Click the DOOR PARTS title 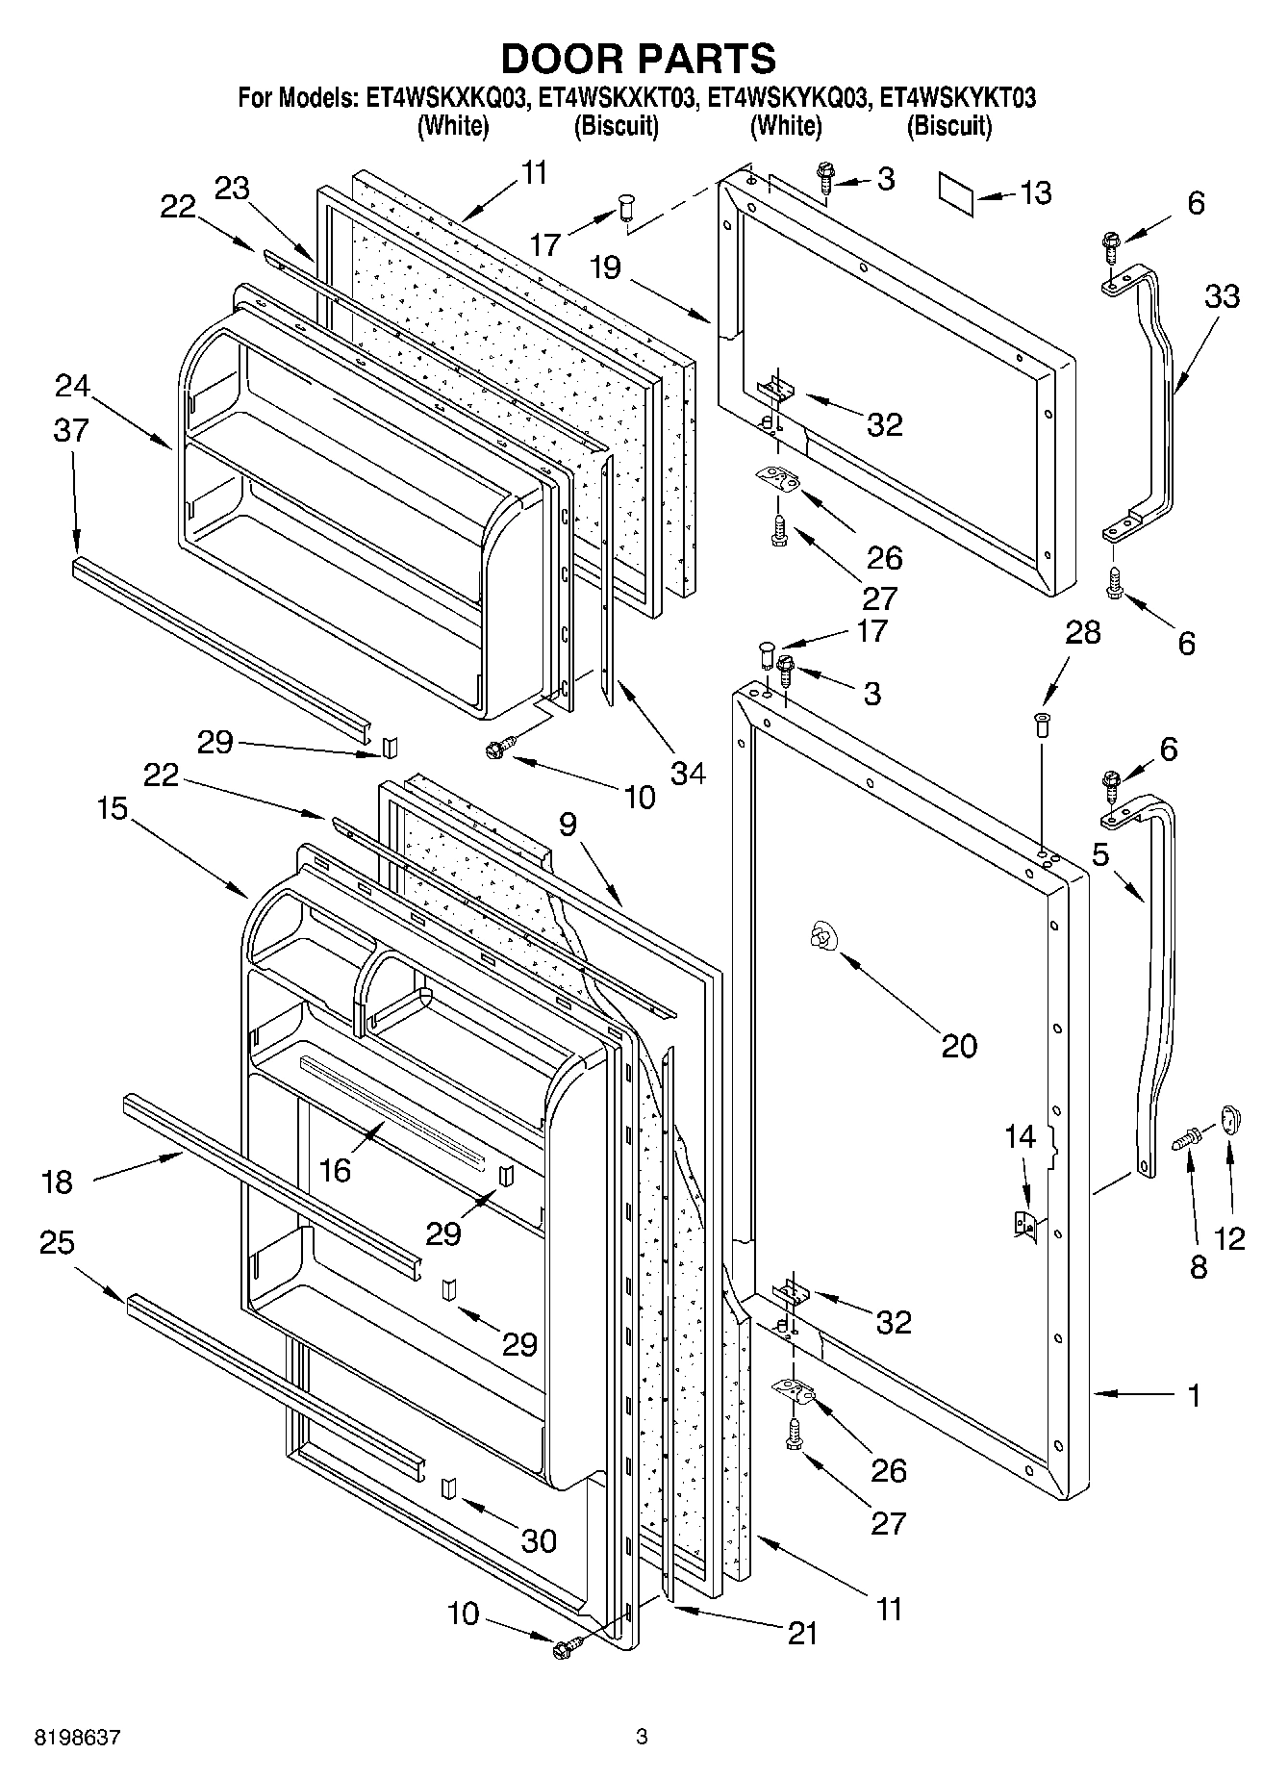(x=639, y=59)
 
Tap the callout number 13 (x=1035, y=192)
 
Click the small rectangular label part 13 (x=956, y=193)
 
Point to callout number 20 (x=958, y=1045)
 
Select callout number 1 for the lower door (x=1194, y=1394)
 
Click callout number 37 (x=71, y=429)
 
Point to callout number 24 (x=71, y=386)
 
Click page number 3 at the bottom (x=642, y=1738)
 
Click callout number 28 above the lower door (x=1083, y=632)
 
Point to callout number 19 (x=606, y=267)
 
